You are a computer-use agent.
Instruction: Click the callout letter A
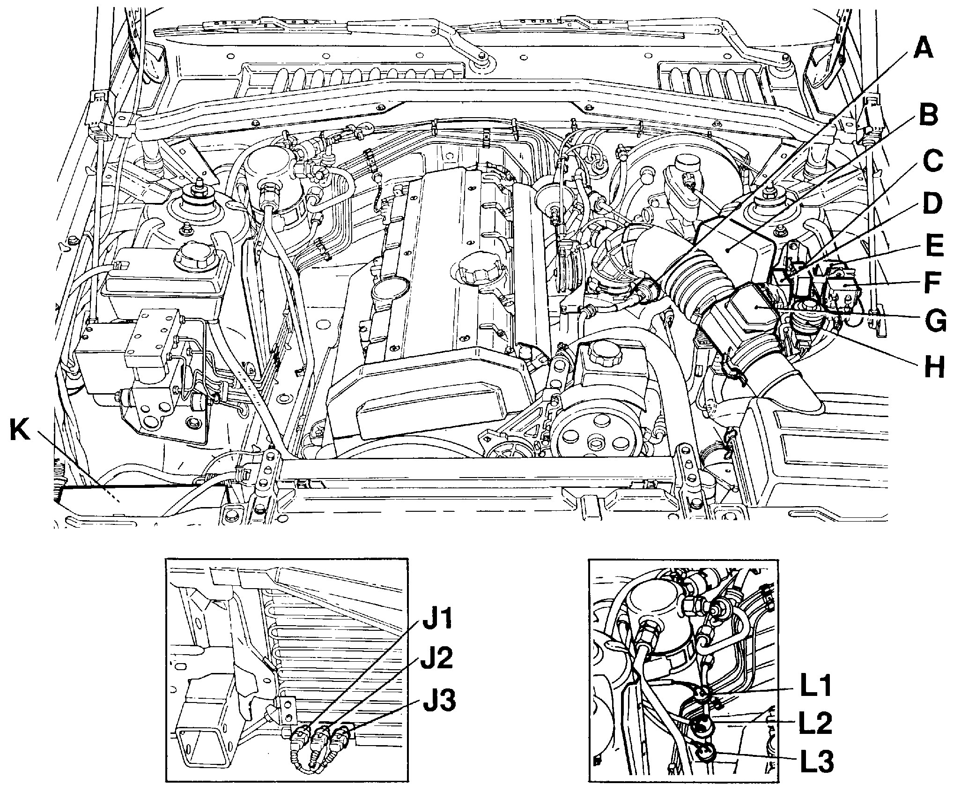click(918, 56)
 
